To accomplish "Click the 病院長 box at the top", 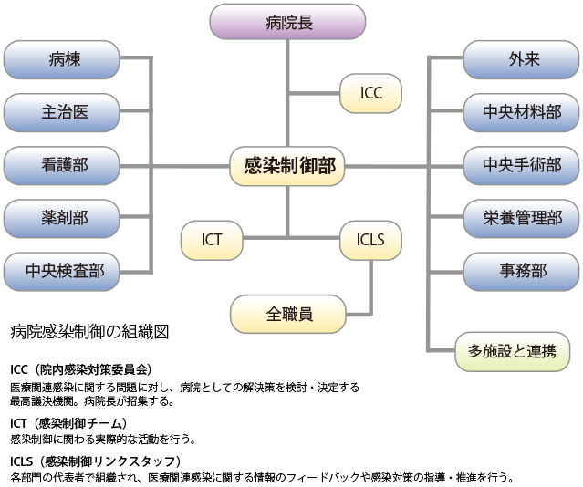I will click(x=287, y=23).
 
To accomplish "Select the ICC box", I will click(x=370, y=93).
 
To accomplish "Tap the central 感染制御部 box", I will click(x=287, y=165).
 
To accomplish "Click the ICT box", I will click(x=212, y=241).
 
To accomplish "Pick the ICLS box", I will click(x=370, y=241).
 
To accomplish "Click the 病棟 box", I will click(x=62, y=60).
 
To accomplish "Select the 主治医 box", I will click(x=62, y=112).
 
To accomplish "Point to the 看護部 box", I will click(x=62, y=165).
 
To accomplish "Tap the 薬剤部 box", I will click(x=62, y=218).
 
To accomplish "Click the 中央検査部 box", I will click(x=62, y=271).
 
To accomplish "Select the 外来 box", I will click(x=522, y=60).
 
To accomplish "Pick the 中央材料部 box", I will click(x=522, y=112).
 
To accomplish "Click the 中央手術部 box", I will click(x=522, y=165).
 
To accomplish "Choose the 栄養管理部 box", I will click(x=522, y=218).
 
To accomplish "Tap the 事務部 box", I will click(x=522, y=271).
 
